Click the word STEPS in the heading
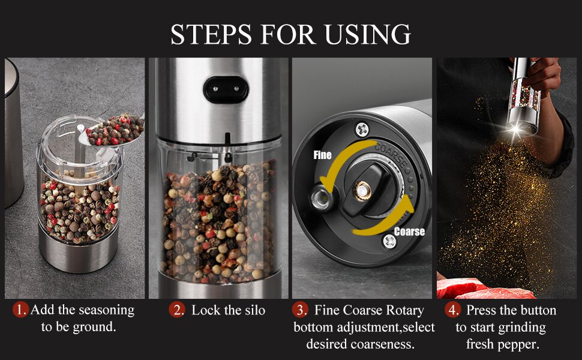tap(211, 35)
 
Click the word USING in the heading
tap(367, 35)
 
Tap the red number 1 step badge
tap(20, 310)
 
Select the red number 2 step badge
tap(176, 310)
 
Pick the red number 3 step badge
tap(299, 310)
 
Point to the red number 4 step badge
tap(452, 310)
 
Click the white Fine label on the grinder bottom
tap(322, 155)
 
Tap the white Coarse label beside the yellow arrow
tap(409, 232)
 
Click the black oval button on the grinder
tap(226, 89)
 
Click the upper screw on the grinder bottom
tap(362, 130)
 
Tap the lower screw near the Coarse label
tap(389, 242)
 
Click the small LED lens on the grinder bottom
tap(322, 197)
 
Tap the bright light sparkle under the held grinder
tap(515, 130)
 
